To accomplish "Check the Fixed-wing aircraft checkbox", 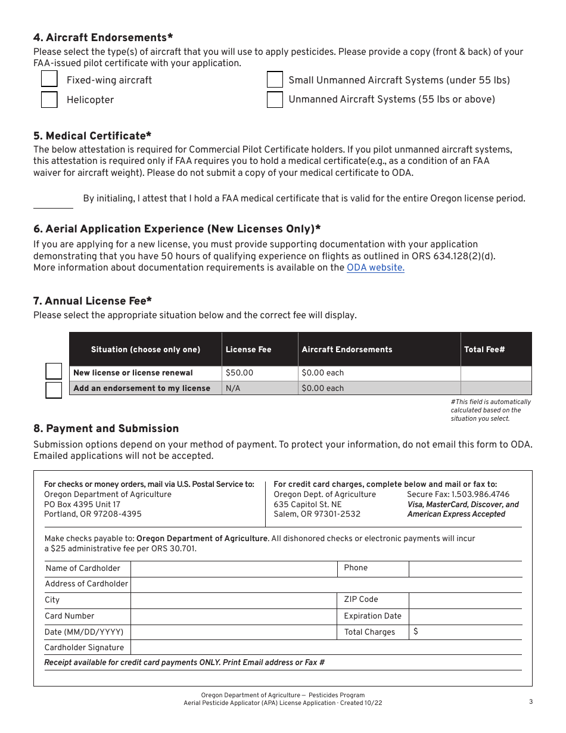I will pos(49,79).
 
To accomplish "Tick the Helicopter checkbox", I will pos(49,100).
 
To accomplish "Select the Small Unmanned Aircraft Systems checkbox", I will pos(275,80).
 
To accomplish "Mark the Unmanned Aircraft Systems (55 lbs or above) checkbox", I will pos(275,100).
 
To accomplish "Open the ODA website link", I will pos(375,268).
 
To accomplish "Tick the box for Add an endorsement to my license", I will pos(54,390).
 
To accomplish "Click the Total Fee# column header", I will pos(484,350).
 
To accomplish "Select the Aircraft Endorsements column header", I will pos(347,350).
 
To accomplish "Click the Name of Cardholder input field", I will pos(234,569).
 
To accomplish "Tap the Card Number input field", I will pos(234,616).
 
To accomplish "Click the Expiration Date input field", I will pos(465,616).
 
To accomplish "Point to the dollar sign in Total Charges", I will pos(415,632).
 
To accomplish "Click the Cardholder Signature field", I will pos(325,648).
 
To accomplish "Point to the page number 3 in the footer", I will pos(530,701).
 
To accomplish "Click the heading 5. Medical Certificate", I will pos(92,136).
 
